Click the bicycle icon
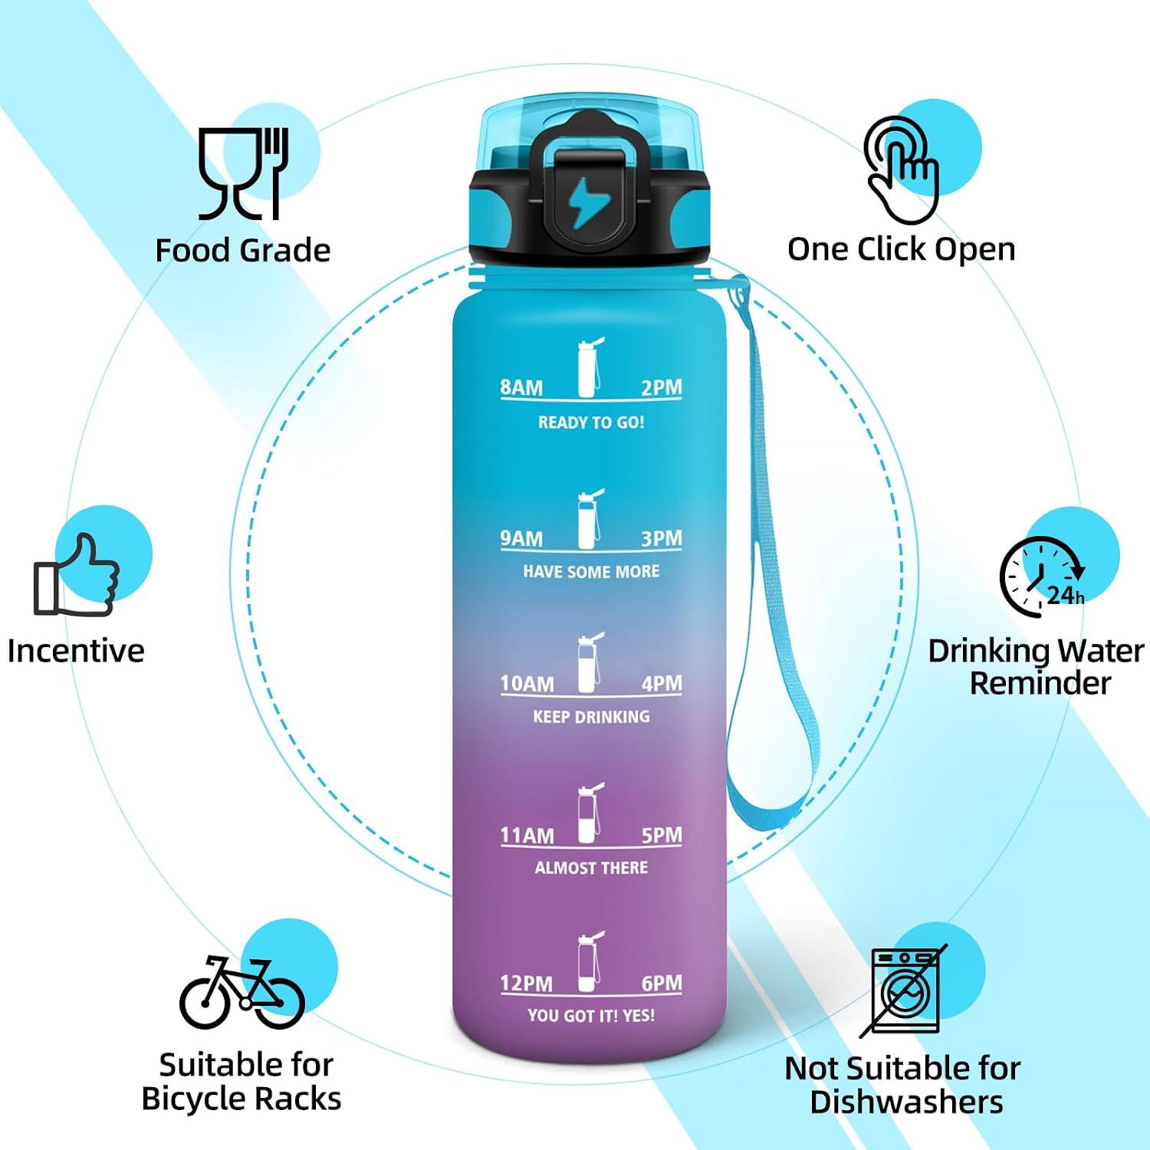click(x=242, y=993)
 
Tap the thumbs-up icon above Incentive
click(x=77, y=575)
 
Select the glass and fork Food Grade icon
click(x=244, y=174)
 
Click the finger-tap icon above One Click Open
click(x=902, y=170)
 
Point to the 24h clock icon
click(x=1043, y=577)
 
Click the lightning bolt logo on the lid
click(x=589, y=202)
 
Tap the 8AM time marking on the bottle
click(x=521, y=387)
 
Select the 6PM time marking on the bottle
click(x=662, y=983)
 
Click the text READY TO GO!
click(x=591, y=422)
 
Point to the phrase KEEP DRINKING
click(x=591, y=717)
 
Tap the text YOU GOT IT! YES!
click(x=591, y=1016)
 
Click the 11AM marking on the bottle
click(x=527, y=835)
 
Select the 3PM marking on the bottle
click(x=662, y=538)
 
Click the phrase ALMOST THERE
click(x=591, y=868)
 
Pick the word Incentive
click(x=76, y=651)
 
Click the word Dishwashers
click(x=906, y=1102)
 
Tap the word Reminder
click(x=1040, y=683)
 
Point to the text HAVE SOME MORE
click(x=591, y=571)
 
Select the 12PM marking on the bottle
click(x=526, y=983)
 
